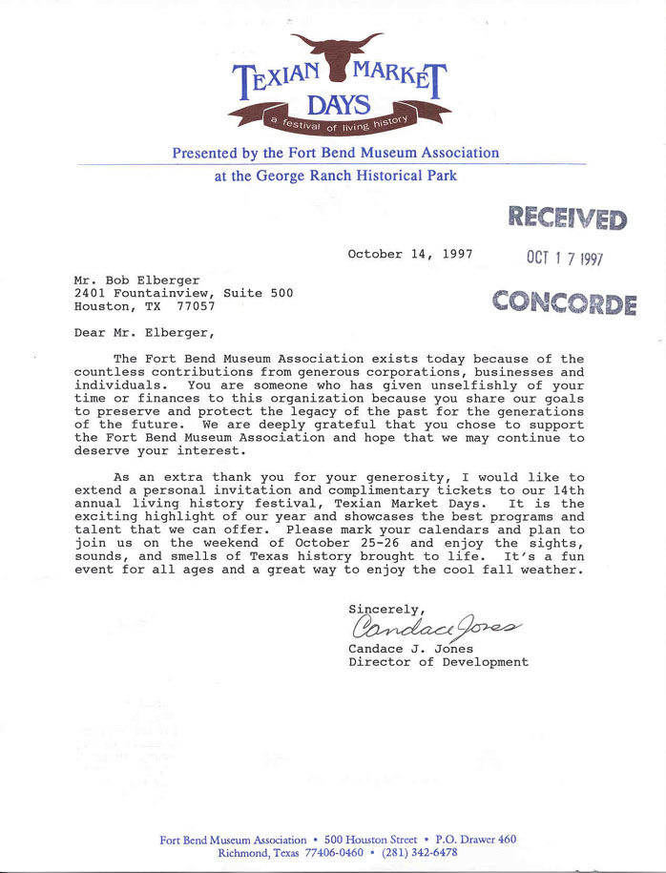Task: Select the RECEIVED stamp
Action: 566,218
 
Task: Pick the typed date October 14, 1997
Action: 410,255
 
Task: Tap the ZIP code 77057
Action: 196,307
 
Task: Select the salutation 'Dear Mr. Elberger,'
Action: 144,333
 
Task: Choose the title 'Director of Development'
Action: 438,661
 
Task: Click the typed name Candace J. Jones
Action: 412,648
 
